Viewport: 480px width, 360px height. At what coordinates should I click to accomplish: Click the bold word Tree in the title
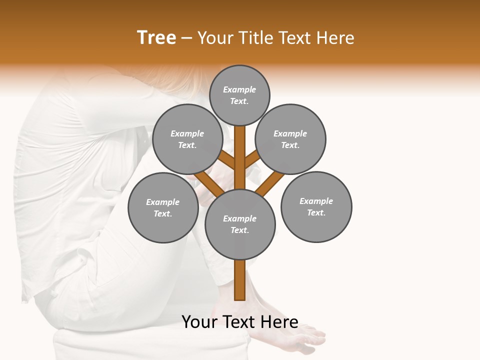[x=156, y=37]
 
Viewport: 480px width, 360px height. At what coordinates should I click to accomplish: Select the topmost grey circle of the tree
[x=239, y=95]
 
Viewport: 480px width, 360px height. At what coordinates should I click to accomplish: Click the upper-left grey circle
[x=187, y=139]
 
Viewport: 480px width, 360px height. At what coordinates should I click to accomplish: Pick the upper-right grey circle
[x=290, y=139]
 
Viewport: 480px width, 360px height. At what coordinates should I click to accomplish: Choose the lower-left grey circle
[x=163, y=207]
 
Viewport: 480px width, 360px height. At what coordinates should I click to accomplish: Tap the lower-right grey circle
[x=316, y=206]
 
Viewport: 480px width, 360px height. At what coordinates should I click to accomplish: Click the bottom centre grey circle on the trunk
[x=240, y=224]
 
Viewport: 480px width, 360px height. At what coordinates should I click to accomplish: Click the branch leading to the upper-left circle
[x=227, y=160]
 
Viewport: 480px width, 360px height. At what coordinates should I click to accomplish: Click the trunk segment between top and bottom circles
[x=240, y=160]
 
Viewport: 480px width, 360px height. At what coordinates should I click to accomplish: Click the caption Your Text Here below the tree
[x=240, y=322]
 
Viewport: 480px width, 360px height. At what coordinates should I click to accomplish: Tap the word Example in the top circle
[x=239, y=89]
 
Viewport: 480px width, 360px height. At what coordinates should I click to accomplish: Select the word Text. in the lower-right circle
[x=316, y=212]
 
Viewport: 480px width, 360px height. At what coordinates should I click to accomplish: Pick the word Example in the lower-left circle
[x=163, y=202]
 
